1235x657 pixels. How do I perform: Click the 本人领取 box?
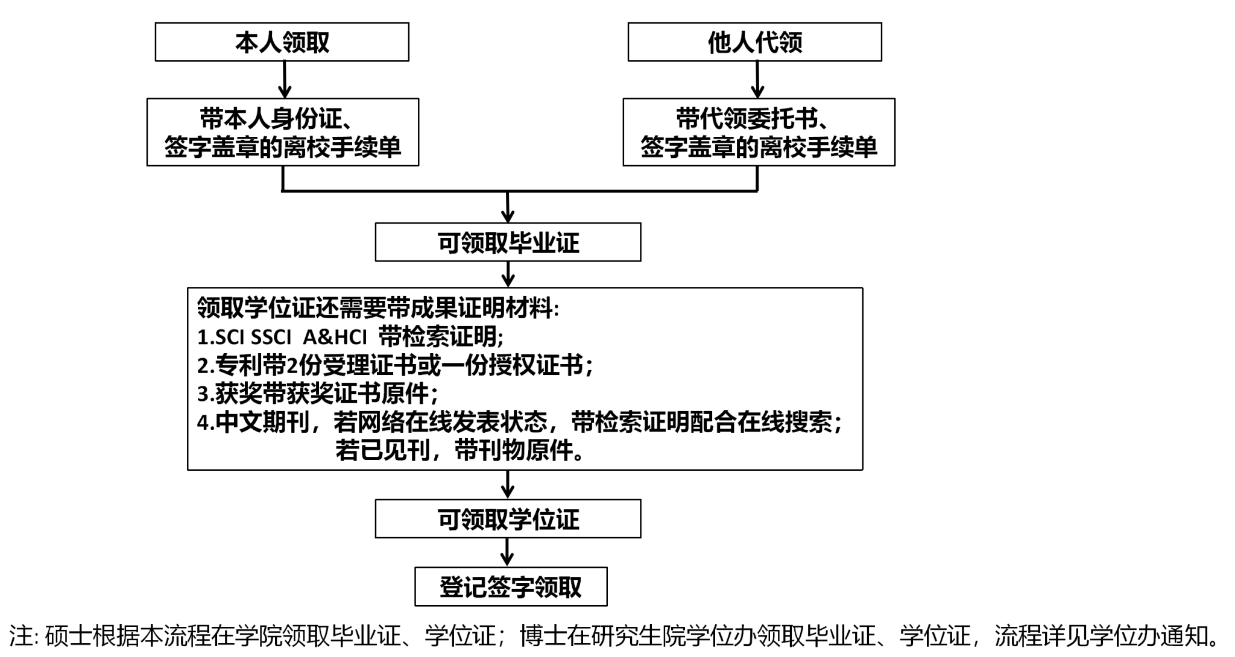[282, 42]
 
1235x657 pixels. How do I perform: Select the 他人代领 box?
[754, 42]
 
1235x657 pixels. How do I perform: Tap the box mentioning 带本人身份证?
[282, 132]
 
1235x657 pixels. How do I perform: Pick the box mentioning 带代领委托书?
[759, 132]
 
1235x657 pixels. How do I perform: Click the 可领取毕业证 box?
[508, 242]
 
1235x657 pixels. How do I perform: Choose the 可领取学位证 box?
[508, 519]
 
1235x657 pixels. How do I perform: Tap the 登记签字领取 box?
[511, 586]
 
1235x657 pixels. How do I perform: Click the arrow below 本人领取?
[284, 80]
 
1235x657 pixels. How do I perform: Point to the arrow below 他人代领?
[757, 80]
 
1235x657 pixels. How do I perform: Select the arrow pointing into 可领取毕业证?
[508, 208]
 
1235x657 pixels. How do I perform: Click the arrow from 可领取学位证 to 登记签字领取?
[508, 552]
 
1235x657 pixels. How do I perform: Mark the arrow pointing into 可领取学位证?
[508, 485]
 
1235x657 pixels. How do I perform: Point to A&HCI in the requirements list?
[335, 337]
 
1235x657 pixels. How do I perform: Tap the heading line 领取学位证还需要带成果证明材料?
[378, 308]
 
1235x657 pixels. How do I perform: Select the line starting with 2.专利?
[395, 365]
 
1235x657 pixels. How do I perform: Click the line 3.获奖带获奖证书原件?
[317, 394]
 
